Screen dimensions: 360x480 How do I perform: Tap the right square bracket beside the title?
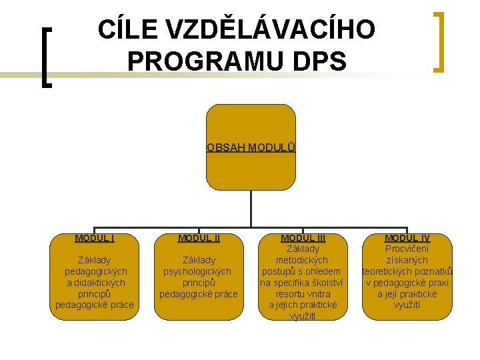pyautogui.click(x=438, y=41)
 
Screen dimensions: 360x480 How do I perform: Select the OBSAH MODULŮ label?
pyautogui.click(x=251, y=147)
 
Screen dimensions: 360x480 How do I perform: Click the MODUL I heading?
pyautogui.click(x=95, y=238)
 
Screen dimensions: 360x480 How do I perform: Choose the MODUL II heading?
pyautogui.click(x=199, y=238)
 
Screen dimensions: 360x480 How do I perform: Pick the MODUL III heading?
pyautogui.click(x=303, y=238)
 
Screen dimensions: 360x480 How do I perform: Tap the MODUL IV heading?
pyautogui.click(x=407, y=238)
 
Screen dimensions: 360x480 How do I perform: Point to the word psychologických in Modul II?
pyautogui.click(x=199, y=271)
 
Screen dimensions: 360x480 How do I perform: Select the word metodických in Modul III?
pyautogui.click(x=303, y=260)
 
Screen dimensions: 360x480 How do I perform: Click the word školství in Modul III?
pyautogui.click(x=327, y=283)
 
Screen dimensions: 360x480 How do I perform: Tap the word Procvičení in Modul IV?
pyautogui.click(x=407, y=249)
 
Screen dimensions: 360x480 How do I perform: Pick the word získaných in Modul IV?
pyautogui.click(x=407, y=260)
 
